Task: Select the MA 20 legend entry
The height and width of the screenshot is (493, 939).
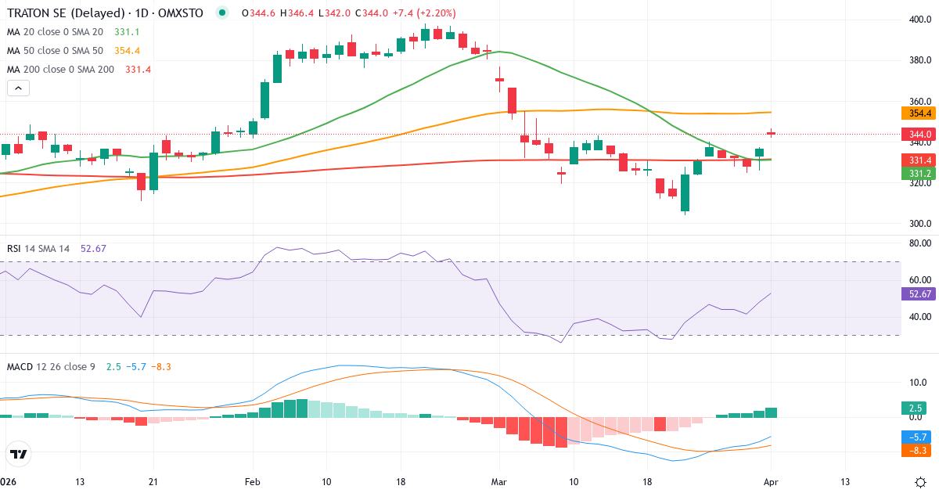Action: (x=55, y=32)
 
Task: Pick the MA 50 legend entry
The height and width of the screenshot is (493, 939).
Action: (x=55, y=51)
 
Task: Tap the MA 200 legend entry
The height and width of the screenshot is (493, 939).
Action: (x=60, y=70)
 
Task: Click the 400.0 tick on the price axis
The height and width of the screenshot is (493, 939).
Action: (x=919, y=20)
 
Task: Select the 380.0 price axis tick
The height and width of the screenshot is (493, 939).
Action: (x=919, y=61)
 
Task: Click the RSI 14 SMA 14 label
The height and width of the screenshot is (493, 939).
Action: (x=38, y=249)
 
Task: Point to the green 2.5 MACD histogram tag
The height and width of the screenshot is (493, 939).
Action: (x=913, y=408)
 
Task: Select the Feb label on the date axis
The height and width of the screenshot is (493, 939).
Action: (x=252, y=481)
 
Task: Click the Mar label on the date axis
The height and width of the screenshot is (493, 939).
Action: (x=499, y=481)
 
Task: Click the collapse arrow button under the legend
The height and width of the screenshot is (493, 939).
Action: (x=18, y=88)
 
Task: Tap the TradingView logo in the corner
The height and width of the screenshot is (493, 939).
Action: (x=19, y=454)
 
